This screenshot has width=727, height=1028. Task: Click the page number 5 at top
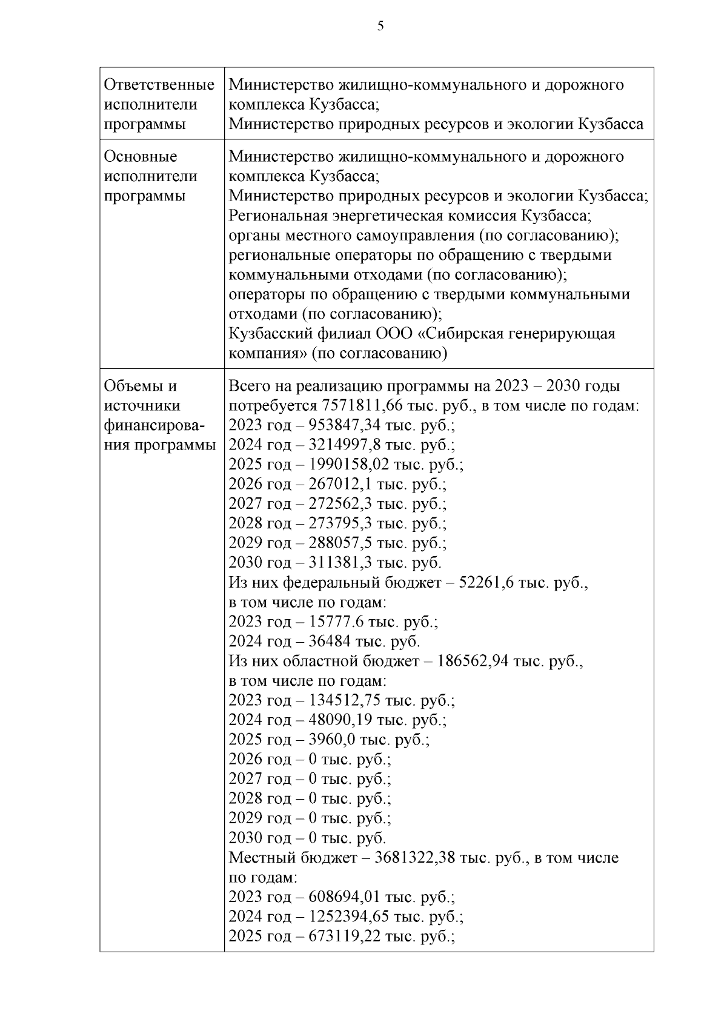pos(380,25)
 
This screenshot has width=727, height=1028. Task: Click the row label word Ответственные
pos(159,85)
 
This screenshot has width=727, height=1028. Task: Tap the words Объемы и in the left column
pos(140,386)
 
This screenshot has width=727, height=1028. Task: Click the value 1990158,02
pos(349,465)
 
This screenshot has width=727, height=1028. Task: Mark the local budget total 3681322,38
pos(415,858)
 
